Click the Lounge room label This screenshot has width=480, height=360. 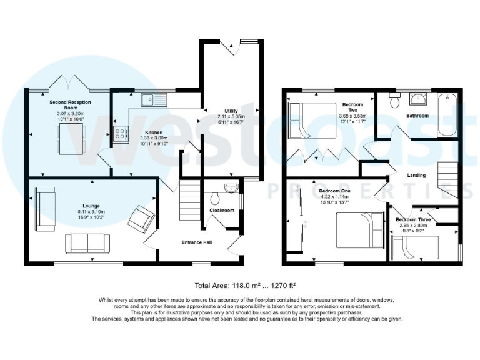click(x=91, y=206)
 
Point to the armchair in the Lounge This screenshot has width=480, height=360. click(x=141, y=219)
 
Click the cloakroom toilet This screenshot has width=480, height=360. click(x=215, y=198)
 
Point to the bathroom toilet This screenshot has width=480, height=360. click(x=394, y=101)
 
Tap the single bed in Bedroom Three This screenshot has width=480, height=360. click(x=415, y=247)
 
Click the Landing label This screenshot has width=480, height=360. click(x=416, y=175)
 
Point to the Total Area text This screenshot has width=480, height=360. click(x=240, y=286)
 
